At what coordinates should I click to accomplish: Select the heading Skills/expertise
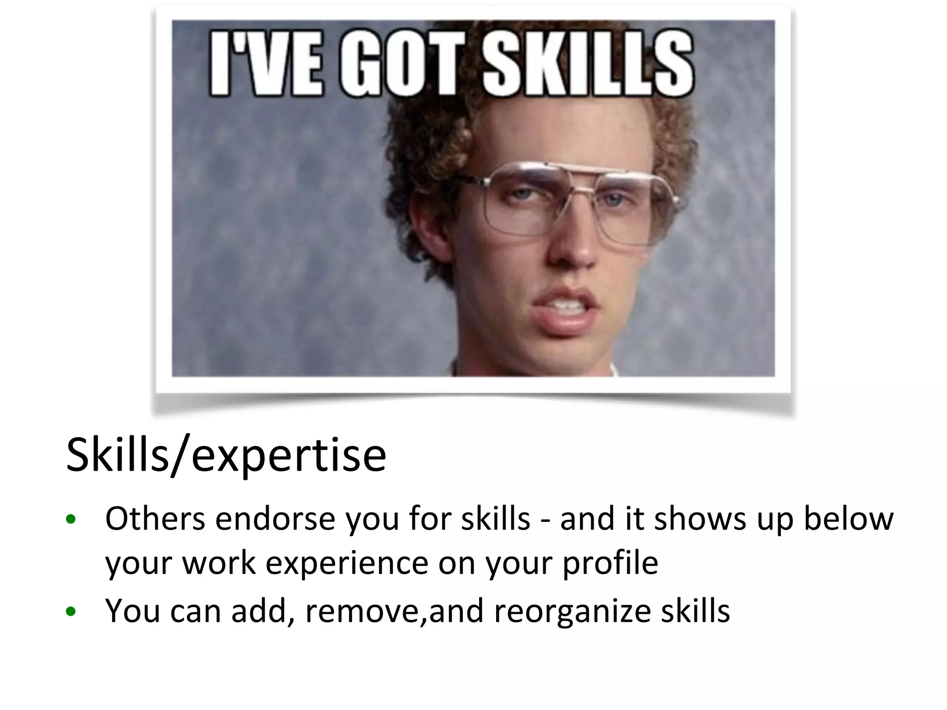point(226,456)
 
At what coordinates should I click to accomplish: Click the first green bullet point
point(71,520)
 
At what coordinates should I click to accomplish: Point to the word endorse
point(275,519)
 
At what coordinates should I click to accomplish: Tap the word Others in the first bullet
point(155,519)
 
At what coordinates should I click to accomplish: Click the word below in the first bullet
point(849,519)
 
